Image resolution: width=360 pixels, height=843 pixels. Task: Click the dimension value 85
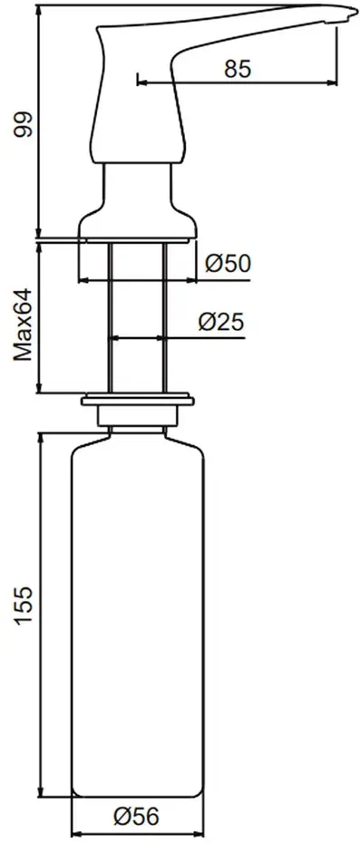(x=238, y=69)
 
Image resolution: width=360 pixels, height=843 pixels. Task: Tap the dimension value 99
(x=24, y=126)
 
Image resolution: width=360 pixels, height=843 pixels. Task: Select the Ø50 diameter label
(x=229, y=263)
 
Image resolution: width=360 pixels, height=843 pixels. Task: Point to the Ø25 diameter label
(x=221, y=322)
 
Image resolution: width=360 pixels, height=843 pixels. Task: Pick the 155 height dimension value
(x=24, y=606)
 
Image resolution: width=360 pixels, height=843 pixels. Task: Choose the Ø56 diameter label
(x=137, y=818)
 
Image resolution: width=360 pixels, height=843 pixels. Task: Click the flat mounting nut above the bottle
(x=138, y=401)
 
